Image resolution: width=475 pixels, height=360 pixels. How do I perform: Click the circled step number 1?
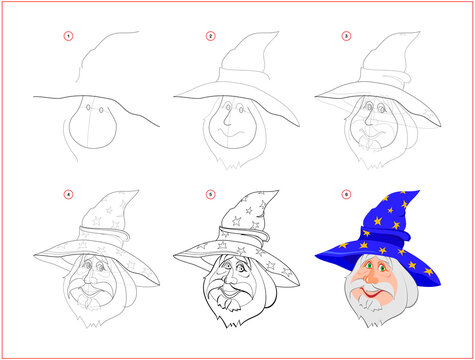point(68,36)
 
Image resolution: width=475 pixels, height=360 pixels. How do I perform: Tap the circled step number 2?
point(210,36)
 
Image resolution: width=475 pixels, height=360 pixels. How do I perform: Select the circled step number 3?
point(347,36)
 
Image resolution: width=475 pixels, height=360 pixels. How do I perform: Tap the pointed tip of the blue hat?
point(418,193)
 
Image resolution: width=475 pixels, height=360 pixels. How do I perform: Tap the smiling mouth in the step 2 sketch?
point(229,131)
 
